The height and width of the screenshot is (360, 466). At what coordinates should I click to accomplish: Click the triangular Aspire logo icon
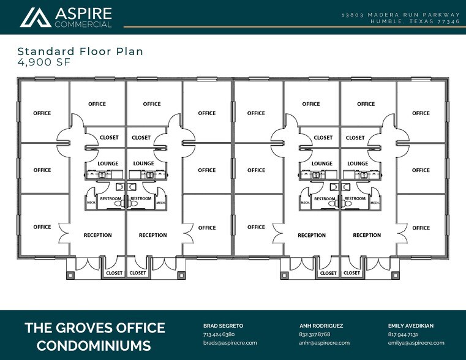pyautogui.click(x=36, y=17)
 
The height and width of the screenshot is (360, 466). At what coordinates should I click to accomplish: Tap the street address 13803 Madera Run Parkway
pyautogui.click(x=402, y=14)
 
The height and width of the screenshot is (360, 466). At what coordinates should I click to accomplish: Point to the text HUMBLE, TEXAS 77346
pyautogui.click(x=415, y=21)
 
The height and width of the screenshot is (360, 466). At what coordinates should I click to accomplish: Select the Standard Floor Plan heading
pyautogui.click(x=80, y=51)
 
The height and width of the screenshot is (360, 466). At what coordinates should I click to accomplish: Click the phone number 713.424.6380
pyautogui.click(x=219, y=334)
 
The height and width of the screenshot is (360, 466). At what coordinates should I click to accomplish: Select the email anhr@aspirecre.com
pyautogui.click(x=324, y=343)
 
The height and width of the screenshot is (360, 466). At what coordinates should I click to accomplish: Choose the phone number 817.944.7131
pyautogui.click(x=404, y=334)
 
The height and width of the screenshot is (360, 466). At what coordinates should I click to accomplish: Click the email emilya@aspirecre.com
pyautogui.click(x=416, y=343)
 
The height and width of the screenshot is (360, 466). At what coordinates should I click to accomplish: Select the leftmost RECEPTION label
pyautogui.click(x=97, y=235)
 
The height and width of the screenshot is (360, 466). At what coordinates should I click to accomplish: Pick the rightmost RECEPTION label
pyautogui.click(x=367, y=235)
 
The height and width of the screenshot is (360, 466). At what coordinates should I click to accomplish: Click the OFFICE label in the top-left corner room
pyautogui.click(x=42, y=113)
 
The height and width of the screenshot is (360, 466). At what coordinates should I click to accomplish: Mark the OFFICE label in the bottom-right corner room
pyautogui.click(x=421, y=228)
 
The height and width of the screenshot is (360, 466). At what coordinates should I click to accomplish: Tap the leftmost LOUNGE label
pyautogui.click(x=108, y=163)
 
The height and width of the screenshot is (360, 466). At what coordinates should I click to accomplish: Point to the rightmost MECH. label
pyautogui.click(x=375, y=203)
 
